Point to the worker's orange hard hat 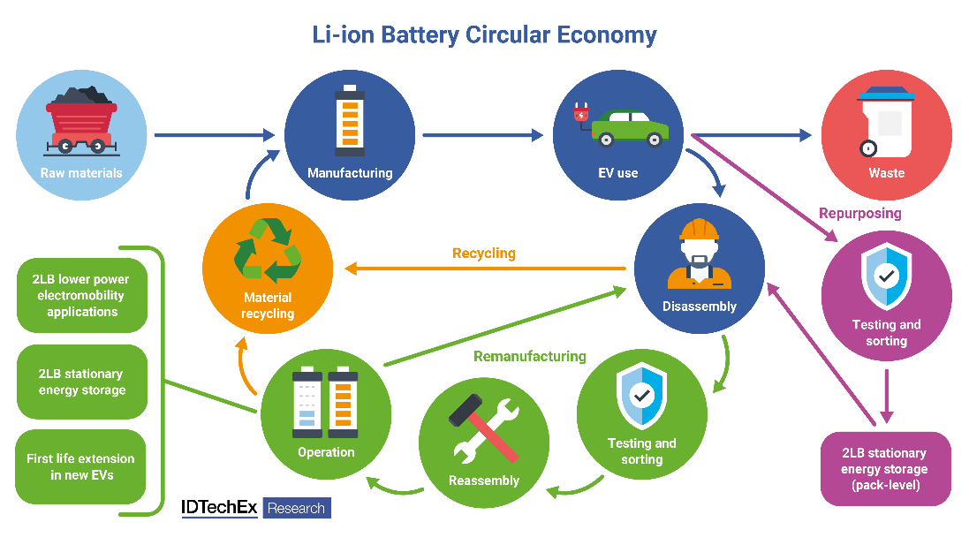tap(699, 229)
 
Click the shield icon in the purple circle tap(886, 275)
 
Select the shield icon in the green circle tap(642, 394)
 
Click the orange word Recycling tap(483, 254)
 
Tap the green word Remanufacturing tap(530, 356)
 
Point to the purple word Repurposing tap(859, 213)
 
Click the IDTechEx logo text tap(220, 508)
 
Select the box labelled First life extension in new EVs tap(81, 466)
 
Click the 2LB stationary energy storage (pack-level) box tap(885, 469)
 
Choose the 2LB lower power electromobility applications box tap(81, 296)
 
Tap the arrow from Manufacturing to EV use tap(482, 135)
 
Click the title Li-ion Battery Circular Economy tap(484, 35)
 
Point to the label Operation tap(326, 452)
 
